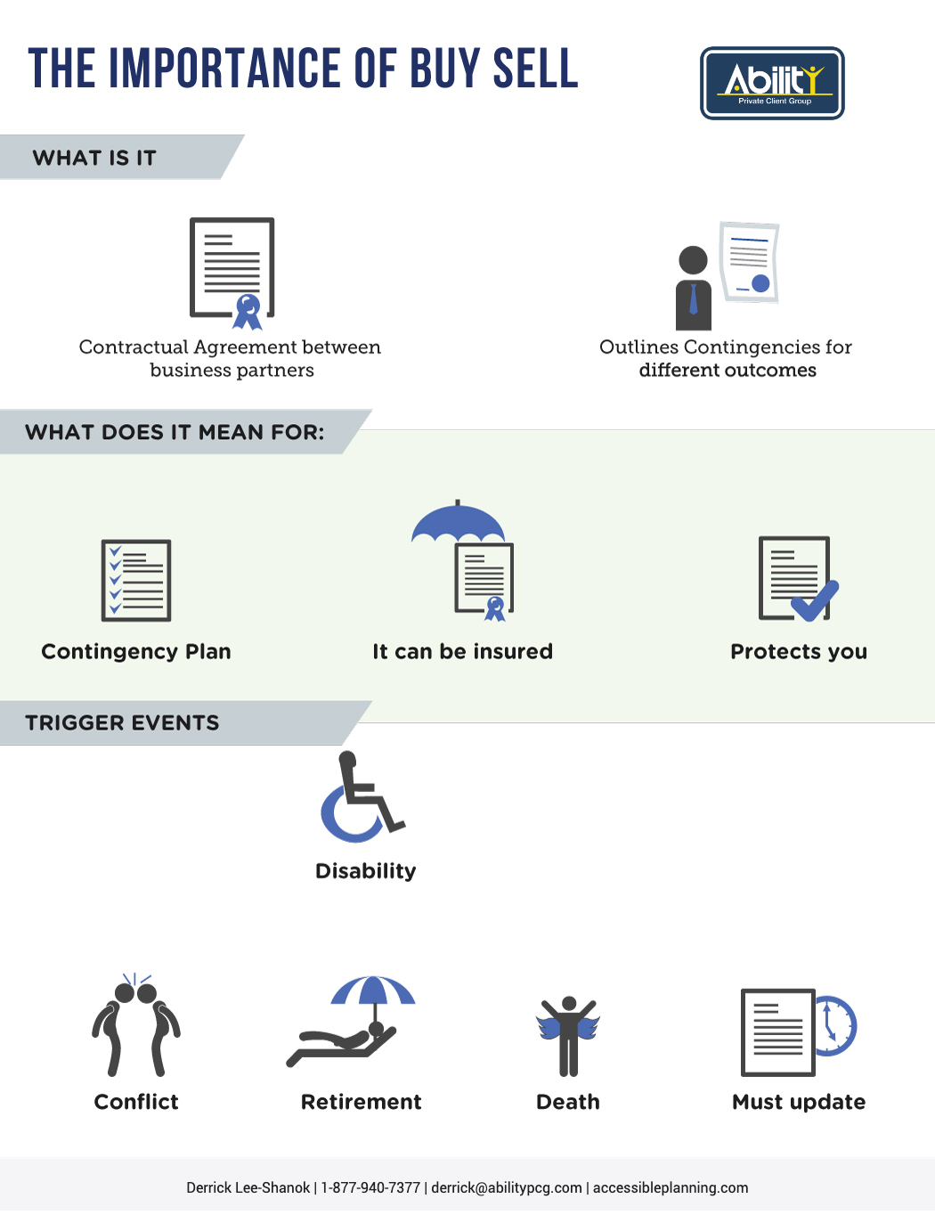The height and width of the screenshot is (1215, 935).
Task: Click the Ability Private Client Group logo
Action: [x=772, y=84]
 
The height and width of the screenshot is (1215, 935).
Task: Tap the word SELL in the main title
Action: [x=535, y=69]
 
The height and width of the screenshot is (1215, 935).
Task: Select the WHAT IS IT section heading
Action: [x=93, y=158]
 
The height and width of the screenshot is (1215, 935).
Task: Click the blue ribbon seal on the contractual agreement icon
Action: [x=248, y=312]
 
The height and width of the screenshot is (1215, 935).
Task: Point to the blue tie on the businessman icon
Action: [x=693, y=298]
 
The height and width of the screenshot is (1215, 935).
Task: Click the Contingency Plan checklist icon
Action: [x=136, y=581]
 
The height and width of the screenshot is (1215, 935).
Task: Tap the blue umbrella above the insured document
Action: [x=458, y=521]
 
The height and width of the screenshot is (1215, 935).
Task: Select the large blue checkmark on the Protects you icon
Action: [x=815, y=601]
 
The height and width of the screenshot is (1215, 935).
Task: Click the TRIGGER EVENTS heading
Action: [x=122, y=723]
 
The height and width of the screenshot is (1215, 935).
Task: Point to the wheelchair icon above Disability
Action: [x=362, y=796]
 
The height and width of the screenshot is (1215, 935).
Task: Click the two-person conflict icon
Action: [x=136, y=1025]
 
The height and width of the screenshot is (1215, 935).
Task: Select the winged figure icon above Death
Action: [x=568, y=1036]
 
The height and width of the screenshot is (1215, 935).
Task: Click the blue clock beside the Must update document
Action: [x=835, y=1026]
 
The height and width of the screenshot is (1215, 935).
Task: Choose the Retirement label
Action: [x=361, y=1102]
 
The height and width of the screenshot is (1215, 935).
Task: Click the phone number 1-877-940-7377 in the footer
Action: [x=370, y=1187]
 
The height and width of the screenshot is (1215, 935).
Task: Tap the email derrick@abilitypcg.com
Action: [x=507, y=1187]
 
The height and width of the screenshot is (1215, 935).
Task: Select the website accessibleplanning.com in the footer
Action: [x=671, y=1187]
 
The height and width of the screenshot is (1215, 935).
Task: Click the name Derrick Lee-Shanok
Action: [x=248, y=1187]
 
